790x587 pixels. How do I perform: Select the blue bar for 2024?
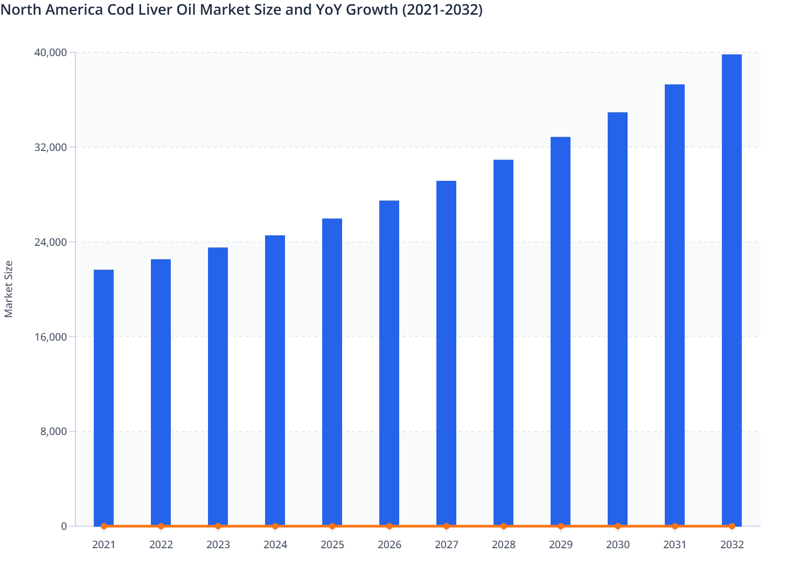[275, 380]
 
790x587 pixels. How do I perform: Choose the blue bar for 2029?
[561, 331]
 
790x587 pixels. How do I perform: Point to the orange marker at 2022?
[161, 526]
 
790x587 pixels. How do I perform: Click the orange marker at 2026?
[389, 526]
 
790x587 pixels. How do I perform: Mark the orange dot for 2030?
[618, 526]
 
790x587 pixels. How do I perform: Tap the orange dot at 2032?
[732, 526]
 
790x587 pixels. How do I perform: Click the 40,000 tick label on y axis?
[50, 52]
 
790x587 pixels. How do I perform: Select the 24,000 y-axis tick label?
[50, 242]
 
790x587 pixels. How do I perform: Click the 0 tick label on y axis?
[64, 526]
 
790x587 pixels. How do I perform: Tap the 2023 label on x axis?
[218, 545]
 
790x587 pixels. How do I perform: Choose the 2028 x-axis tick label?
[503, 545]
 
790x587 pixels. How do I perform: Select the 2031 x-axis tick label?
[675, 545]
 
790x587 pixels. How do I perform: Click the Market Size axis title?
[8, 289]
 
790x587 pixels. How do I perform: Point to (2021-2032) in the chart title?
[442, 9]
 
